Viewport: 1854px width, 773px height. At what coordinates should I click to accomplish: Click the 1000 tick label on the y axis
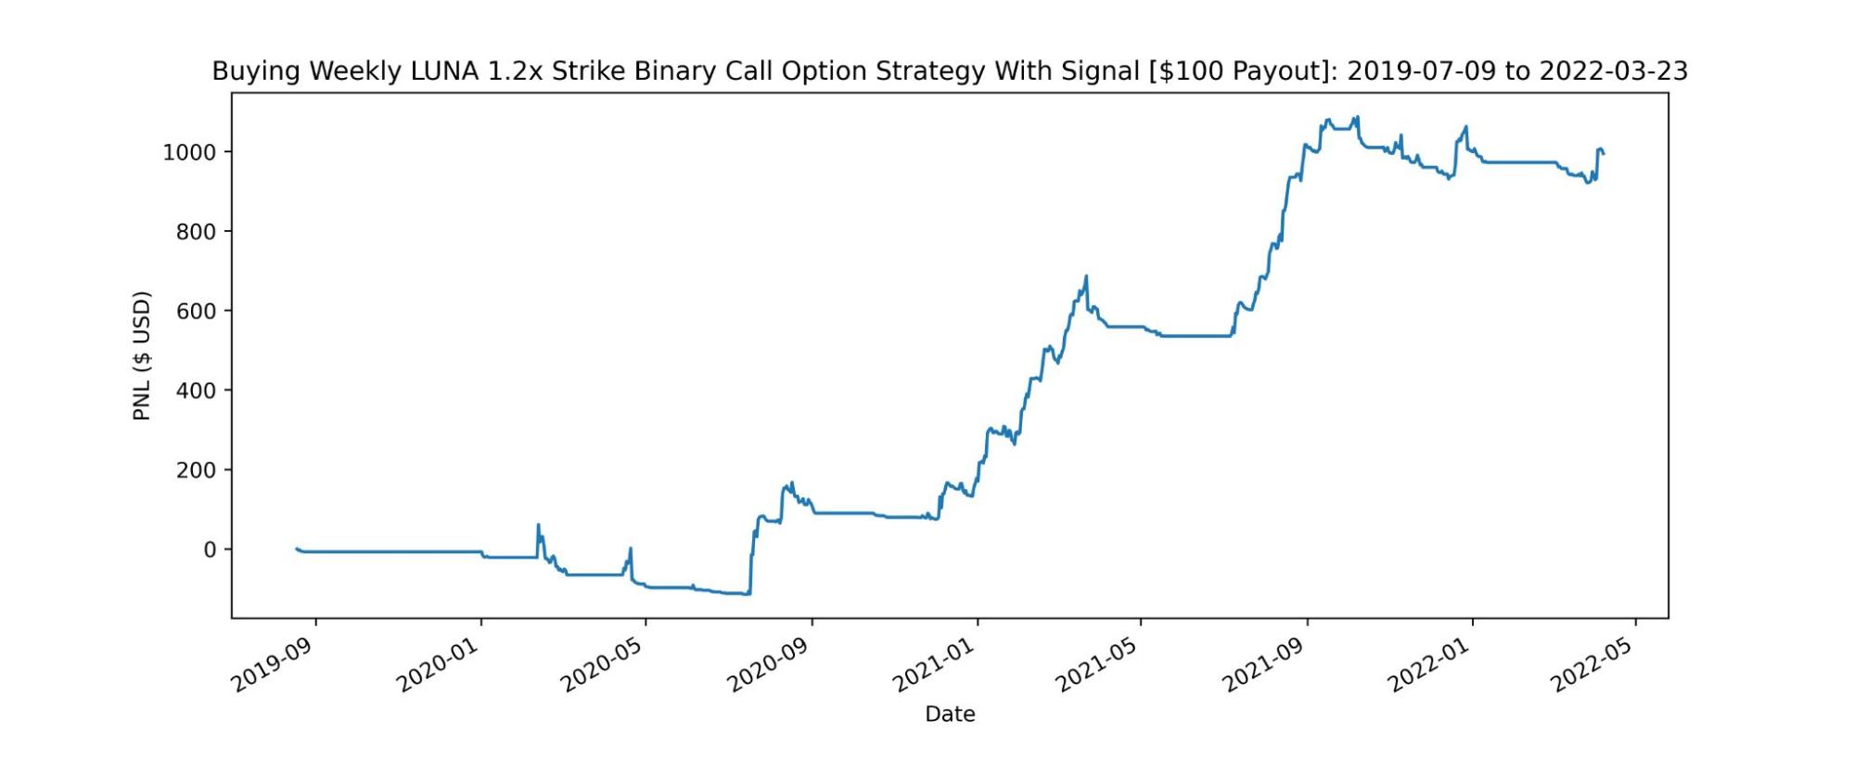[189, 152]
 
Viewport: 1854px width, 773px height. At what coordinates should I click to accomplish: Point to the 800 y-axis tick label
[196, 232]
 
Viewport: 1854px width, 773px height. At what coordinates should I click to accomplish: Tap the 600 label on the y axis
[196, 312]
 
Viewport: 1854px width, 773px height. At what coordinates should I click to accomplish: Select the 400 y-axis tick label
[196, 391]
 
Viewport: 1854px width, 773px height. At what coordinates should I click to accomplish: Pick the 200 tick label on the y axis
[196, 470]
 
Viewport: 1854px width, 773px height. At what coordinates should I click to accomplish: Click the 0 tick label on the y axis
[210, 550]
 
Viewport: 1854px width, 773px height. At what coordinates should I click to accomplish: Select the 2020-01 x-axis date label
[439, 665]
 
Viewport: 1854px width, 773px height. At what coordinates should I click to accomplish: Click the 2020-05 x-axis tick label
[604, 665]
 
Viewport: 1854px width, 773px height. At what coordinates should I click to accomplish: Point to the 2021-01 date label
[935, 665]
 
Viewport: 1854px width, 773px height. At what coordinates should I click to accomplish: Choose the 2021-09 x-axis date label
[1265, 665]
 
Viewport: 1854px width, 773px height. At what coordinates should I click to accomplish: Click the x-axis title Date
[950, 714]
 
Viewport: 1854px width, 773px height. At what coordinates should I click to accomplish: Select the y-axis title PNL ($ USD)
[142, 356]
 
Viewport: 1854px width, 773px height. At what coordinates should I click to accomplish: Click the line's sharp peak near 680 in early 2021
[1086, 276]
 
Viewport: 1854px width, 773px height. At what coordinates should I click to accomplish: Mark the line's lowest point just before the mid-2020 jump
[748, 594]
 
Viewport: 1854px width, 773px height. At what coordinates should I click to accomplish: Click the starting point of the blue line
[296, 548]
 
